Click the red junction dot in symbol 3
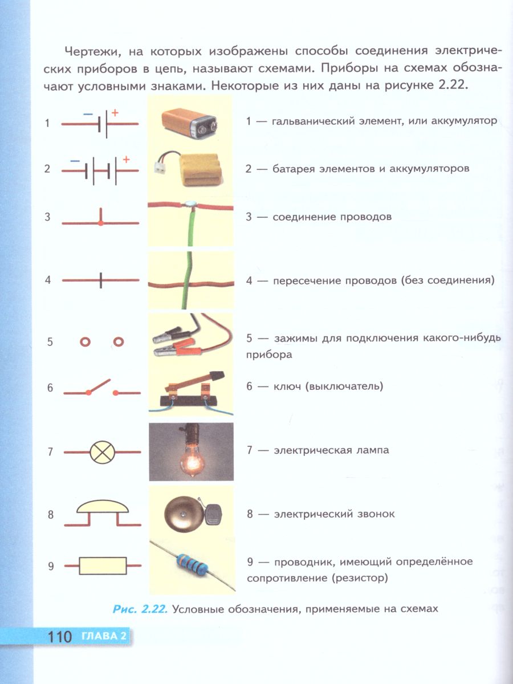pos(101,223)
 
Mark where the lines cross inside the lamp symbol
pos(102,452)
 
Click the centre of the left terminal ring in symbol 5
pos(85,342)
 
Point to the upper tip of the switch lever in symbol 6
pos(109,380)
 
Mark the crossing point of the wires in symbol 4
pos(101,280)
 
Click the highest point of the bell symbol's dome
pos(103,500)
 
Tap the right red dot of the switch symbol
pos(116,393)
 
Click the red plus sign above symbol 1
pos(115,113)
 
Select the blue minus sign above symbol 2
pos(75,161)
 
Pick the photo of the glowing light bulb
pos(192,452)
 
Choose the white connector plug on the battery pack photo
pos(160,168)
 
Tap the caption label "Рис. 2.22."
pos(140,609)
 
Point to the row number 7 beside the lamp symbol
pos(50,452)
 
